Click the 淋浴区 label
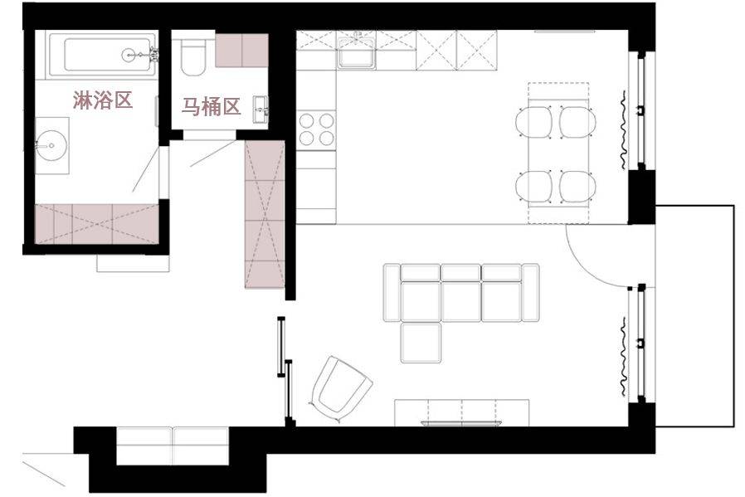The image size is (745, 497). coord(102,100)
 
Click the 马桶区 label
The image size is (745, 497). coord(212,107)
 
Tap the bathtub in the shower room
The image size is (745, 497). coord(103,55)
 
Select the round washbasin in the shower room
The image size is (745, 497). coord(51,145)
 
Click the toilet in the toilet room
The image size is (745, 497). coord(193,57)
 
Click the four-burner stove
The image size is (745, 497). coord(316,129)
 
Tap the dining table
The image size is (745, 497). coord(558,153)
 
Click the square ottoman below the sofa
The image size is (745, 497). coord(421,343)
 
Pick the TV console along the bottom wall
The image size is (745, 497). coord(461,412)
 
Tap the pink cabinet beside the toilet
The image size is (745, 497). coord(242,51)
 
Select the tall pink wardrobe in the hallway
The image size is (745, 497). coord(265,214)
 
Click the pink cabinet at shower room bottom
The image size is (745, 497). coord(96,224)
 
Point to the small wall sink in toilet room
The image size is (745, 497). coord(261,110)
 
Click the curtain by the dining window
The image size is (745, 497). coord(622,129)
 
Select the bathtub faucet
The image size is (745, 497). coord(153,55)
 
